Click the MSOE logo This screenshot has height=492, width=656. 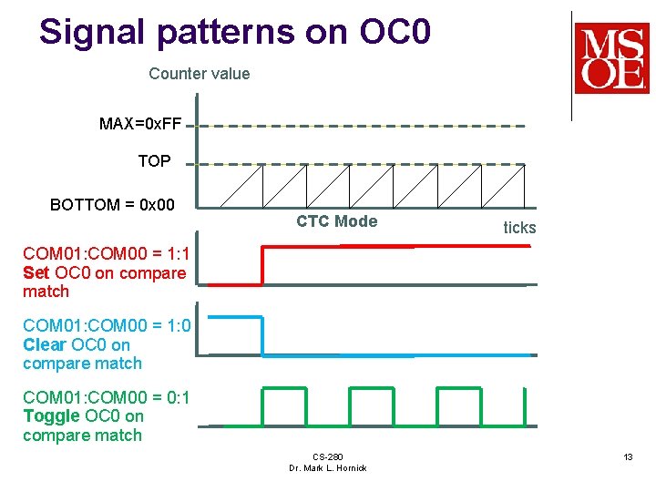click(x=611, y=57)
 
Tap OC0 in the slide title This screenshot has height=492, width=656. click(x=394, y=32)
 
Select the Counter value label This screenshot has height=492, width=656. click(x=199, y=74)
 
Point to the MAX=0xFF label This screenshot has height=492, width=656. click(x=141, y=124)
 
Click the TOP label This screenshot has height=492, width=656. click(x=154, y=161)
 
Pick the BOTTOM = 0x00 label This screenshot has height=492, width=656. click(x=112, y=205)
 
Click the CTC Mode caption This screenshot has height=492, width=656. click(x=336, y=221)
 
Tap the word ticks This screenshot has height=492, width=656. click(x=519, y=228)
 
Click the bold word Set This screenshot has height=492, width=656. click(x=36, y=273)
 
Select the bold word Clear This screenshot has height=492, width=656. click(x=45, y=345)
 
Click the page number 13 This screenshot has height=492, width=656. click(x=628, y=456)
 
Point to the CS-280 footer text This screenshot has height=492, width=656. click(x=327, y=456)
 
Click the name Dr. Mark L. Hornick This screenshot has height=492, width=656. click(x=327, y=468)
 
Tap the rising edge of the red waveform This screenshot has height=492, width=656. click(x=262, y=265)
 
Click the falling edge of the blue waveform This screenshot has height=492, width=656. click(x=262, y=336)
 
